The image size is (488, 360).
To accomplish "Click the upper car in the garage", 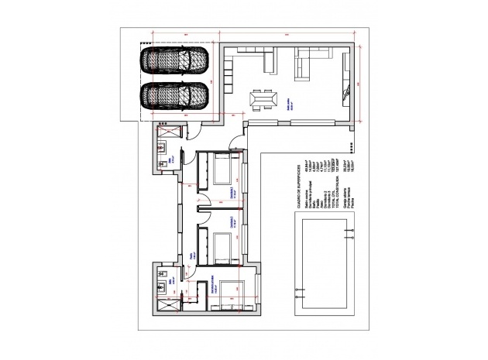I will click(175, 60).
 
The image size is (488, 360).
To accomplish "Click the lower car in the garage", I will click(175, 96).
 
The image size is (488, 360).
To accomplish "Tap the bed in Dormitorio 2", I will click(222, 168).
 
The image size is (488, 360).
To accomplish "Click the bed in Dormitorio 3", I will click(222, 246).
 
